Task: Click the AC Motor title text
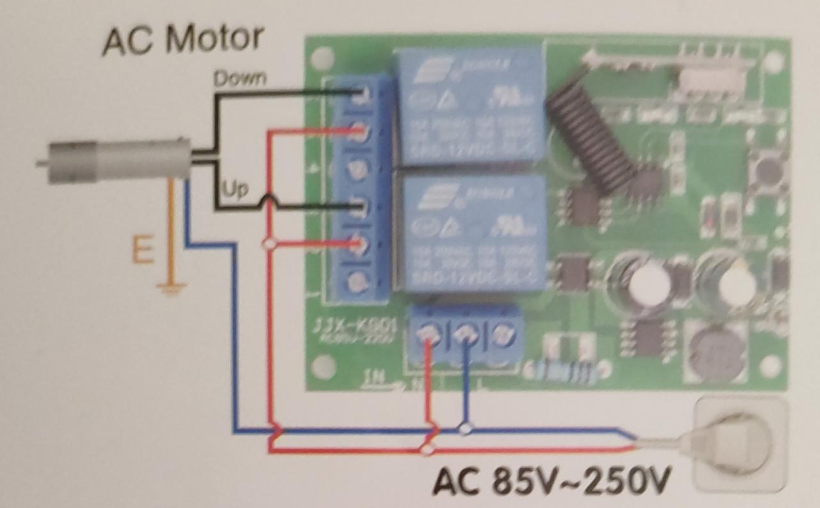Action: [x=182, y=40]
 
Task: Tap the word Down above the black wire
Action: [x=240, y=78]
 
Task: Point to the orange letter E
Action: [x=142, y=250]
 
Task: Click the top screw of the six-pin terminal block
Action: [x=359, y=96]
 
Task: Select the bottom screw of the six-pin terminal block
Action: [x=359, y=281]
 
